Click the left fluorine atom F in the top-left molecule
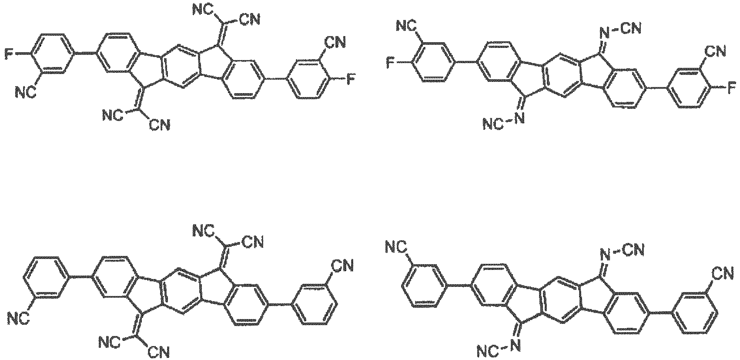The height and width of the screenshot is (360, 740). click(x=9, y=54)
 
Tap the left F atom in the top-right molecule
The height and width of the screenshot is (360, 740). click(x=390, y=62)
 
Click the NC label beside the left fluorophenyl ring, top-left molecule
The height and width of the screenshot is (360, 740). click(x=26, y=93)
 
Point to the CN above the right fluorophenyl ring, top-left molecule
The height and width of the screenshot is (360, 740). click(x=335, y=42)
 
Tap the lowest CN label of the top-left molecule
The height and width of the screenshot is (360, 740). click(x=160, y=124)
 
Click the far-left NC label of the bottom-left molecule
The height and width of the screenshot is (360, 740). click(x=19, y=319)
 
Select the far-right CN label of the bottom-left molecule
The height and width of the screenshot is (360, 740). click(x=342, y=266)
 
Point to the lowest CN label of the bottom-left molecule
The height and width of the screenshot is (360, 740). click(x=159, y=352)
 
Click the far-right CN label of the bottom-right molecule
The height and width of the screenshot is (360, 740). click(x=723, y=273)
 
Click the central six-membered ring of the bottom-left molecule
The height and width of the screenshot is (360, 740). click(x=180, y=290)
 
